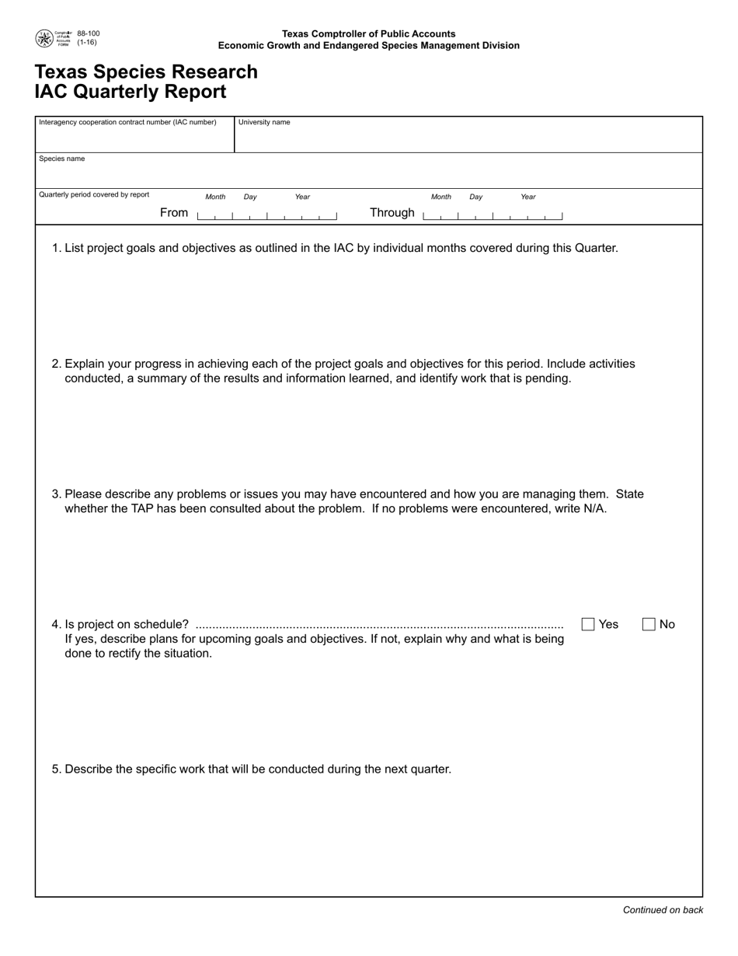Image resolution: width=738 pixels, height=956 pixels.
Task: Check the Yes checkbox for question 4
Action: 588,624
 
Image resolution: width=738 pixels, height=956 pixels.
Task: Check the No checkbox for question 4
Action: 649,624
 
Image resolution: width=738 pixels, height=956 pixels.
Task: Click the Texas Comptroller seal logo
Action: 44,38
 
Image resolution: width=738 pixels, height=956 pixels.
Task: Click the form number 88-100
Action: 89,33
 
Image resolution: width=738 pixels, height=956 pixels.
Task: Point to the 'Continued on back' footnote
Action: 663,910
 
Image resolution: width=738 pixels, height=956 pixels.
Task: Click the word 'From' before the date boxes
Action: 174,213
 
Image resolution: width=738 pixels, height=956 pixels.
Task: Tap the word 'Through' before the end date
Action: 392,213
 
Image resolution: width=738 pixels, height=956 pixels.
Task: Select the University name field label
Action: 264,122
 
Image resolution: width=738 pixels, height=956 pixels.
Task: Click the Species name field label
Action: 62,159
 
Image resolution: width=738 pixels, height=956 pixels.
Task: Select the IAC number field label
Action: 127,122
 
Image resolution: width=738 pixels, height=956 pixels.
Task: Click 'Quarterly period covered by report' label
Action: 94,194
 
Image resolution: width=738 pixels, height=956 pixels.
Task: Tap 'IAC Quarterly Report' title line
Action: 131,92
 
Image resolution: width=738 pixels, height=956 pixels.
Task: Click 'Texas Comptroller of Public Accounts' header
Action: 368,34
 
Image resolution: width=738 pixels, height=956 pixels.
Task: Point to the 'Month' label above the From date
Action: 215,197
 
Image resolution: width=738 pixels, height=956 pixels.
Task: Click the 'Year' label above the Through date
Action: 528,197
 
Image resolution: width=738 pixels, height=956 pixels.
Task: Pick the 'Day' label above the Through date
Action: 475,197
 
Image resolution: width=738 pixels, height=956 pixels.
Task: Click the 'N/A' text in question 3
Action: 594,509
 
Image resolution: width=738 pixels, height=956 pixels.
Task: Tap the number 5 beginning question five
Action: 55,769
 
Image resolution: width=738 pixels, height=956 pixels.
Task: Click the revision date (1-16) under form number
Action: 87,43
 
